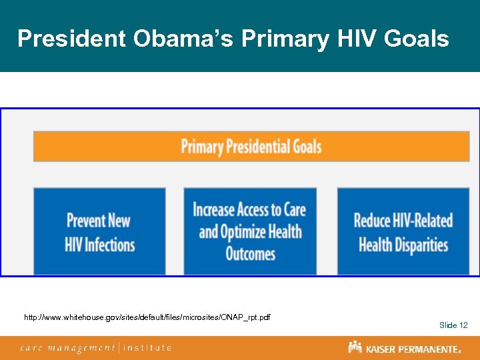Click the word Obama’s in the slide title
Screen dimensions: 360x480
tap(183, 39)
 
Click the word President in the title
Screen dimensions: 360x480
tap(71, 39)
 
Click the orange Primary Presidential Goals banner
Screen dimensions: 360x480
tap(251, 146)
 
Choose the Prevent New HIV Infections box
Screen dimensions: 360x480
tap(99, 231)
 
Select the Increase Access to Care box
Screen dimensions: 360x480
tap(250, 231)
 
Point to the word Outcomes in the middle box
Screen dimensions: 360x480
tap(250, 254)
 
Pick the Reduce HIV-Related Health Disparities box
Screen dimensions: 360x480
tap(403, 231)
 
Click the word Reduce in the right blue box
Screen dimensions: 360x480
tap(373, 221)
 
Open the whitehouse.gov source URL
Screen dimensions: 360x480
tap(147, 317)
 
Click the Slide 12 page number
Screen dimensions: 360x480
tap(453, 325)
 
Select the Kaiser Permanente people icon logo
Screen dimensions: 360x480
tap(355, 347)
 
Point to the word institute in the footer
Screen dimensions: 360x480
tap(147, 347)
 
